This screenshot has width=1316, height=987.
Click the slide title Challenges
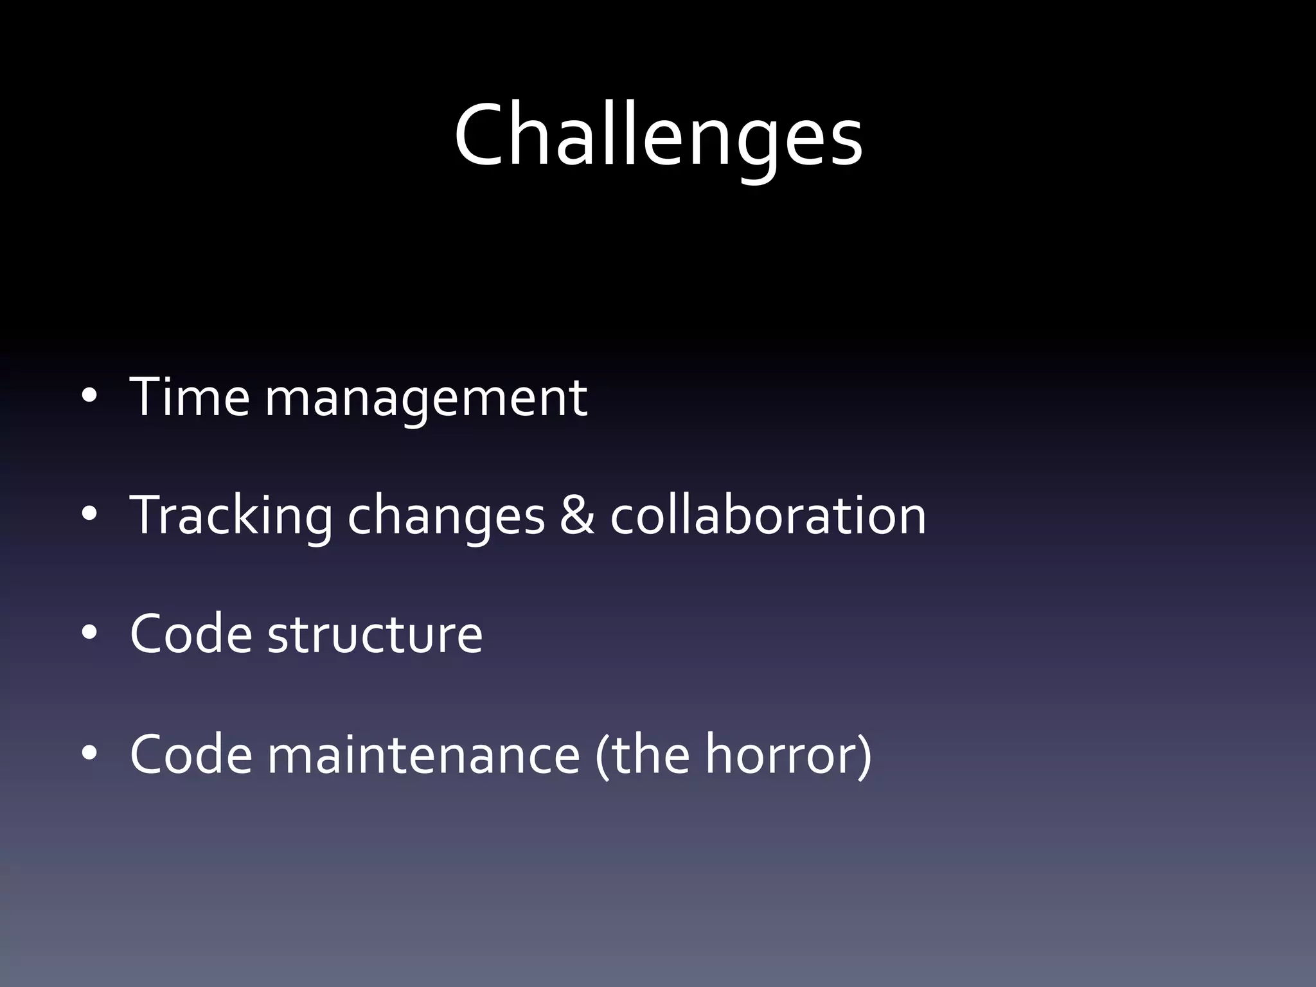[x=658, y=136]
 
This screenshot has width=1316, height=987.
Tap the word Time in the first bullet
[x=190, y=396]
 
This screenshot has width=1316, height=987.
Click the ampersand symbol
[x=576, y=515]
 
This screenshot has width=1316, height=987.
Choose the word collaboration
[x=768, y=515]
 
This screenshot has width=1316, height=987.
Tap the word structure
[x=375, y=634]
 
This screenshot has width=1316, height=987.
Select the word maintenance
[x=424, y=754]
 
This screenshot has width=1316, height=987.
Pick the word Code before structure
[x=191, y=634]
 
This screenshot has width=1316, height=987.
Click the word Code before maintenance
[x=191, y=754]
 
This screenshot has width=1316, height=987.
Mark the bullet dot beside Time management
[x=89, y=396]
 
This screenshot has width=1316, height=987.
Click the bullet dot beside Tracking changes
[x=89, y=515]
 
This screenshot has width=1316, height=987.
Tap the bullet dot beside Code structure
[x=89, y=634]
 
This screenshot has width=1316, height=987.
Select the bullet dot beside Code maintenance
[x=89, y=752]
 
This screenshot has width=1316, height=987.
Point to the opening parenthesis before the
[x=601, y=755]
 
